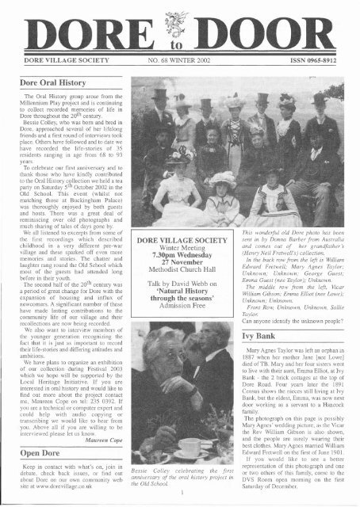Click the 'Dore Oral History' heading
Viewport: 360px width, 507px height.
(48, 81)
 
